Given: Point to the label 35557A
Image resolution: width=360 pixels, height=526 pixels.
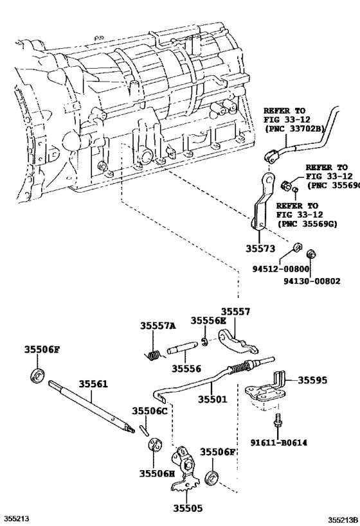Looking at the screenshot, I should pos(158,326).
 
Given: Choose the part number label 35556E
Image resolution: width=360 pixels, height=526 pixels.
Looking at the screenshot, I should pos(209,321).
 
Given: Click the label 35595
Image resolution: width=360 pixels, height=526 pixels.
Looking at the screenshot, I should pos(312,380).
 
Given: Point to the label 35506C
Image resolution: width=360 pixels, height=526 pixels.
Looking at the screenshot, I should pos(150,410).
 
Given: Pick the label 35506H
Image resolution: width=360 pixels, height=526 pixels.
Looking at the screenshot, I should pos(154,473).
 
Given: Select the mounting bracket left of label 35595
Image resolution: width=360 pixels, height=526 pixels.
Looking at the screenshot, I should pos(267,389).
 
